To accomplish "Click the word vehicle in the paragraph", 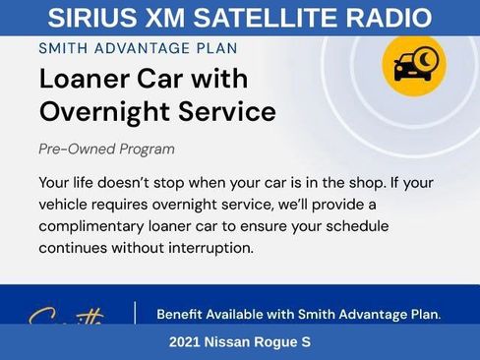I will click(68, 205).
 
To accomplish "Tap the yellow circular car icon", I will click(414, 65).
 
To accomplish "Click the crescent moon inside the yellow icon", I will click(425, 59).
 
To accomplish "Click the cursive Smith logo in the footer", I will click(66, 318).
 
